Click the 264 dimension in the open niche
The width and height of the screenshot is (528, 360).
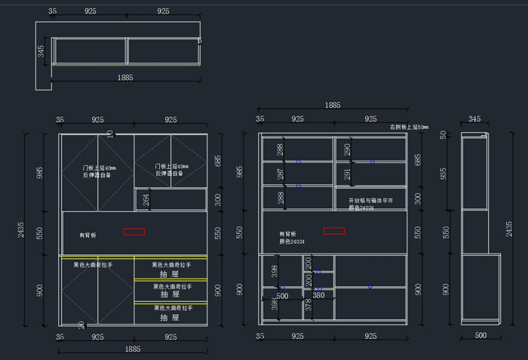pos(146,200)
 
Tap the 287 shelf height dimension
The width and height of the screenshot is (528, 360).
pos(280,174)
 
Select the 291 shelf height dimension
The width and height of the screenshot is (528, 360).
pos(347,174)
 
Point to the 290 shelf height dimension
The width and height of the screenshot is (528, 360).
pos(347,149)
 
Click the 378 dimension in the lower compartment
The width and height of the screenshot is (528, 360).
pos(308,306)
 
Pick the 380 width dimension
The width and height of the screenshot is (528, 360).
pos(319,296)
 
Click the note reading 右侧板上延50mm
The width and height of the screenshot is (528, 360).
pos(408,128)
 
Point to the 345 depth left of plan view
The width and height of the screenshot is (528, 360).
pos(41,51)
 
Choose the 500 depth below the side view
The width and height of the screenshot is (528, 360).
pos(480,335)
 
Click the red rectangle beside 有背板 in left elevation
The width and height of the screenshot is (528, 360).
pos(134,231)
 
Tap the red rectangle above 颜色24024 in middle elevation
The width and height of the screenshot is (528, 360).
pos(334,230)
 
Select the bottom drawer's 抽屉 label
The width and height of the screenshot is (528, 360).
pos(170,318)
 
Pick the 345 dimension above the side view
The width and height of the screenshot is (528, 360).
pos(474,119)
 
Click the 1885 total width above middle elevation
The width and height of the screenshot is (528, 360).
pos(332,105)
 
